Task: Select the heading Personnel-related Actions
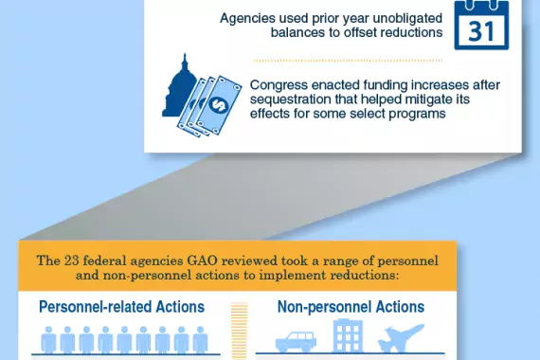click(121, 307)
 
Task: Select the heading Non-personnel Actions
click(351, 307)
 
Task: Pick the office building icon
click(347, 337)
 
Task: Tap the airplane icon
click(402, 340)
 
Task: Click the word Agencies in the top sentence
click(249, 18)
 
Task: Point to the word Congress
click(279, 83)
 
